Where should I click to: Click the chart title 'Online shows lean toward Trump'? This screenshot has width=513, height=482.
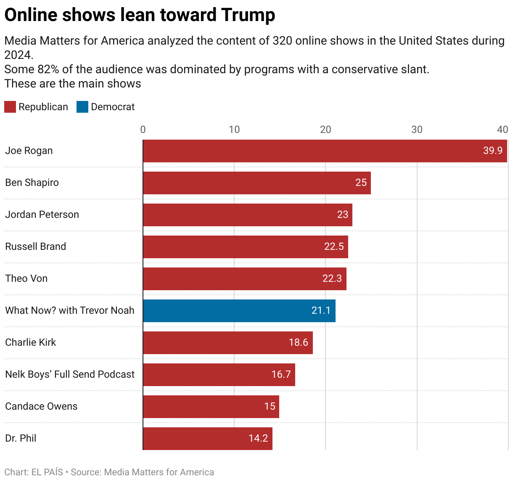(140, 15)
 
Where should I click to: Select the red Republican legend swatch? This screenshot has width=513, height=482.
(10, 107)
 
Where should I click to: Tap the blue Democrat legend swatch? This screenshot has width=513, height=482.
(82, 107)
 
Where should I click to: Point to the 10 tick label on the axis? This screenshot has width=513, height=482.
(234, 130)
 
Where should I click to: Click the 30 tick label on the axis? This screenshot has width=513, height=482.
(417, 130)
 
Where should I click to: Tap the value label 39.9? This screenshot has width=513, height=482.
(492, 151)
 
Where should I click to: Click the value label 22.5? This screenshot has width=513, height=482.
(334, 246)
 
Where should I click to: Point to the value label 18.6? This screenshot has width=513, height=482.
(298, 342)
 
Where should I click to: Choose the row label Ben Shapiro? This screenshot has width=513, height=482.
(32, 183)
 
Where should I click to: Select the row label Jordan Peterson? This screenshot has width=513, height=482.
(42, 215)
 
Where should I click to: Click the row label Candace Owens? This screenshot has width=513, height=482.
(41, 406)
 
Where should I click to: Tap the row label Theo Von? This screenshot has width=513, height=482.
(26, 278)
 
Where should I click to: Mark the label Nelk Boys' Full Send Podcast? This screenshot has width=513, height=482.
(70, 374)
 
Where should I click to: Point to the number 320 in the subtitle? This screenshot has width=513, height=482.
(282, 41)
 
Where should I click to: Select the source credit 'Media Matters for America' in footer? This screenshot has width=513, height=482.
(159, 472)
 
